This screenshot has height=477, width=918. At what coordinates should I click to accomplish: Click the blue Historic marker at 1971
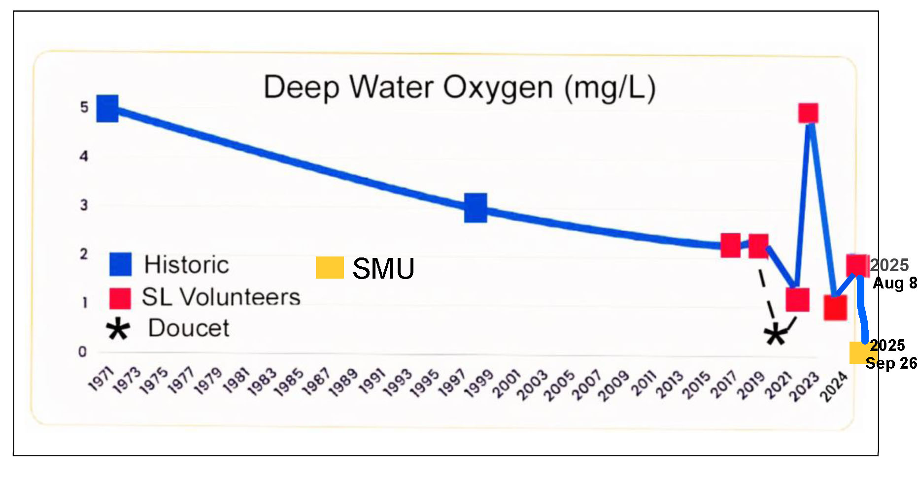click(107, 108)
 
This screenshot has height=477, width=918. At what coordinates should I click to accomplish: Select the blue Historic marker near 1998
click(476, 207)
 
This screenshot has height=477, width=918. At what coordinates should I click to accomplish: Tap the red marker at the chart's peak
click(808, 113)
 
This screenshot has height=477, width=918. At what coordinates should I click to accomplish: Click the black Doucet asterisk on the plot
click(776, 335)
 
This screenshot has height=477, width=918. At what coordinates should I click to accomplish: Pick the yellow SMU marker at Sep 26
click(860, 352)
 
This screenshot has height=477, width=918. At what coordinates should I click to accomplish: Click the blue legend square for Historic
click(120, 264)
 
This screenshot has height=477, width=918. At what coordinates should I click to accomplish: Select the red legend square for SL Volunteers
click(120, 298)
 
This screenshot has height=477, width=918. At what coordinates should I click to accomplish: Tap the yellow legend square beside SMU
click(330, 268)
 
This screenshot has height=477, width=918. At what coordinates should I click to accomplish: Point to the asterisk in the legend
click(118, 330)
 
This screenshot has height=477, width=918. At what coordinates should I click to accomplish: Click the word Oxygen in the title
click(498, 88)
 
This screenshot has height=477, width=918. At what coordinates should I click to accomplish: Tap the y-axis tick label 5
click(84, 107)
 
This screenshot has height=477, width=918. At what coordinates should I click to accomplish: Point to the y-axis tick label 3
click(84, 205)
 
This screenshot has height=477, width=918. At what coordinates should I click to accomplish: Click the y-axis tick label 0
click(82, 352)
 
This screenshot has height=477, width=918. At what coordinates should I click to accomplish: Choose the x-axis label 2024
click(834, 387)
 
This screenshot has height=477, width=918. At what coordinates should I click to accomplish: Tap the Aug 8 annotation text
click(895, 283)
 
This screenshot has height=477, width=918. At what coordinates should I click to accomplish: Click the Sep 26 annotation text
click(891, 363)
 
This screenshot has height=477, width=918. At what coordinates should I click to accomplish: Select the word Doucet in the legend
click(189, 328)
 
